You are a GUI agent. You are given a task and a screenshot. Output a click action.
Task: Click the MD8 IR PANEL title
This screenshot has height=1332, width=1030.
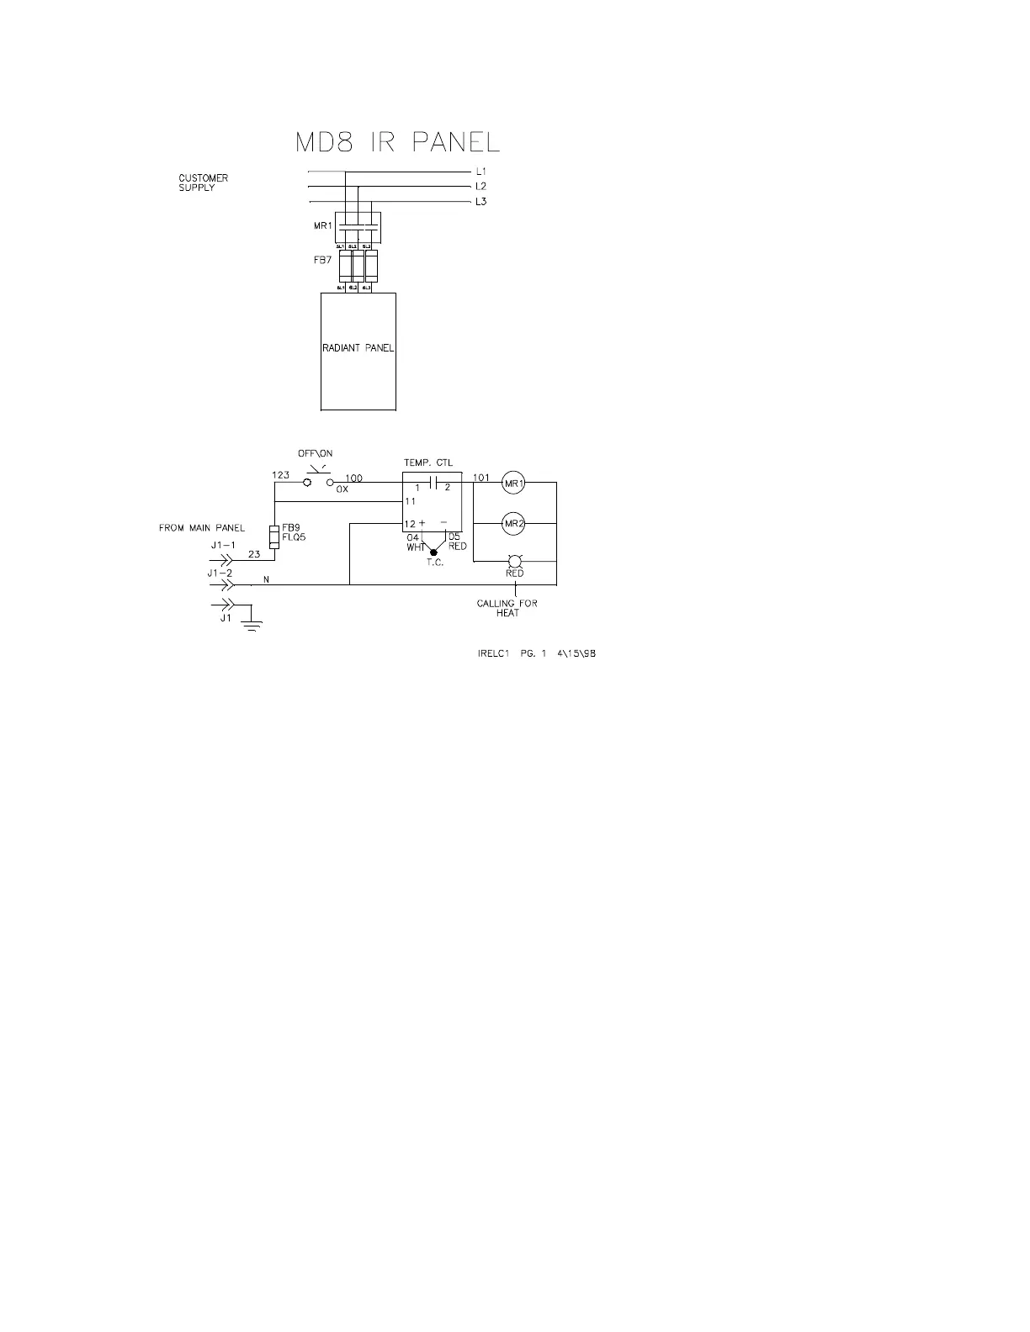coord(397,142)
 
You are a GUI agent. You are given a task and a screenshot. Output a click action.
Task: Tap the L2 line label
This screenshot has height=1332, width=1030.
coord(480,187)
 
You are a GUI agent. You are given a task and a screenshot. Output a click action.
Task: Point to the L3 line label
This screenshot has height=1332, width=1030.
coord(480,202)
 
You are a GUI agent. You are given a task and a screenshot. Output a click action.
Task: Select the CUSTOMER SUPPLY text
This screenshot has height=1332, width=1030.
coord(203,182)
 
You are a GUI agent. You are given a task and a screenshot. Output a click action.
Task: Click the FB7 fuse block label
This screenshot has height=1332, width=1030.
coord(322,261)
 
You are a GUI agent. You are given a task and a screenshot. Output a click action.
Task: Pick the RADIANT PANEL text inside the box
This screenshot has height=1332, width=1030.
coord(358,348)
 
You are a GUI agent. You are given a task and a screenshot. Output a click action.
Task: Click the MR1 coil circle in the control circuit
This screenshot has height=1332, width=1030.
coord(513,483)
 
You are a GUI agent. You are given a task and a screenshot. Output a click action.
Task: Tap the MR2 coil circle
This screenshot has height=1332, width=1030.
coord(513,524)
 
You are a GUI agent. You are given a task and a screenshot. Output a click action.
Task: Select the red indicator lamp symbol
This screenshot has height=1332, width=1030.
coord(514,560)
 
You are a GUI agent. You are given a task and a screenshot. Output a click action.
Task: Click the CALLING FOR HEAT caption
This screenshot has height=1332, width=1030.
coord(507,608)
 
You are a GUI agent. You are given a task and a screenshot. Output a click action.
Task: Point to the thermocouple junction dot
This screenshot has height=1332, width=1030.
coord(433,552)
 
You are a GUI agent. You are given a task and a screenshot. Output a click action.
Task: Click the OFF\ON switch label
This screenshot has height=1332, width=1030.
coord(316,454)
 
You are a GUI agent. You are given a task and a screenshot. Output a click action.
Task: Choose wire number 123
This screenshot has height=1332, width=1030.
coord(280,475)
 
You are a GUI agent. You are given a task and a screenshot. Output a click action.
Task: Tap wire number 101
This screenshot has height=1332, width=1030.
coord(480,478)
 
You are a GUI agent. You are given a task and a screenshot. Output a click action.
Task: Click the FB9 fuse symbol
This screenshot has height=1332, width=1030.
coord(274,536)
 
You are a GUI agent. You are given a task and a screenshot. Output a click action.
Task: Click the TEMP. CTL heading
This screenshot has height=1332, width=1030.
coord(427,462)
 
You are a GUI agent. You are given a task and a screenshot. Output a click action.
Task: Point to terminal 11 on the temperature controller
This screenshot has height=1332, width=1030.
coord(411,501)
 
